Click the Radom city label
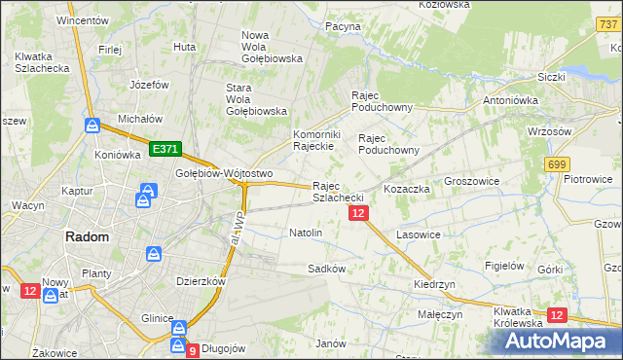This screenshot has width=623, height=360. point(87,236)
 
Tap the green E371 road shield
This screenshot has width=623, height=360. point(165,149)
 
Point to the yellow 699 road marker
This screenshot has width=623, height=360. point(557,165)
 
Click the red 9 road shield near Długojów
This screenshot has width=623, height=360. point(192,349)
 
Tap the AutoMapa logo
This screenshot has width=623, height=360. point(558,342)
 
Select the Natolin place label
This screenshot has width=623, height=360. point(306,233)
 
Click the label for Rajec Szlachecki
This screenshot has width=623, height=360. point(339,191)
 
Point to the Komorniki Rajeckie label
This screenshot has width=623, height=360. point(314,140)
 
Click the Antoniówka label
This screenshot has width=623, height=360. point(511,99)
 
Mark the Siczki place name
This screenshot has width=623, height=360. point(551,76)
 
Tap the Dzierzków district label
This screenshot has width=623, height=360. point(201,280)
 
